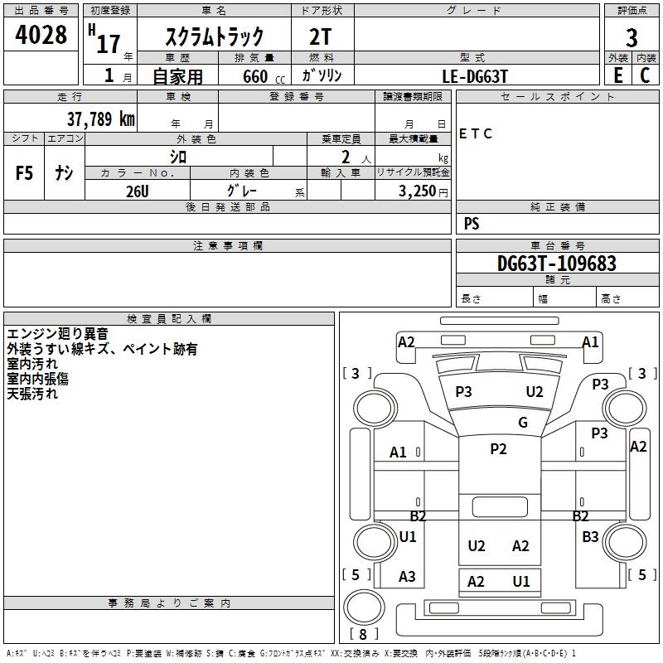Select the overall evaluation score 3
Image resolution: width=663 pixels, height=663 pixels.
[632, 38]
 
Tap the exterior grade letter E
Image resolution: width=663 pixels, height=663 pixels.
[618, 75]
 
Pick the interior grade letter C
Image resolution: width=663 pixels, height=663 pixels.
[645, 75]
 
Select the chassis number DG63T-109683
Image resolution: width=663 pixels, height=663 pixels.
[556, 264]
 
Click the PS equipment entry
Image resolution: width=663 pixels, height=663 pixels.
[472, 224]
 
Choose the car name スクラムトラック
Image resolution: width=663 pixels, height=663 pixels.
[215, 36]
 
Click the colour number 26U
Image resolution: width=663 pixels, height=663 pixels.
[137, 191]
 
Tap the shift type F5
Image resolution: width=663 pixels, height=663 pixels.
[25, 173]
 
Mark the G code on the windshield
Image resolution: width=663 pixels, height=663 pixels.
[523, 423]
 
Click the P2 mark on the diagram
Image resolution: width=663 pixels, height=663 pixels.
[498, 449]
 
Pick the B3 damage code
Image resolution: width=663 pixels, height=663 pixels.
[590, 537]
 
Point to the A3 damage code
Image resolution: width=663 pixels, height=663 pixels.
[407, 576]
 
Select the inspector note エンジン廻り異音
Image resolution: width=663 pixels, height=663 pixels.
[57, 334]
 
